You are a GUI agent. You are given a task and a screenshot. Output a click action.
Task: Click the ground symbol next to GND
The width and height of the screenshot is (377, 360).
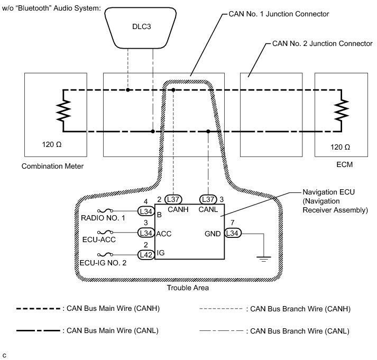[263, 257]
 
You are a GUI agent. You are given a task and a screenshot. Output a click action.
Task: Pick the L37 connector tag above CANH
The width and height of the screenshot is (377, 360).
[173, 199]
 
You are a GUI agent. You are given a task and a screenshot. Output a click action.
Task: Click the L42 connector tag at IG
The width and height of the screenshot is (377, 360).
[145, 254]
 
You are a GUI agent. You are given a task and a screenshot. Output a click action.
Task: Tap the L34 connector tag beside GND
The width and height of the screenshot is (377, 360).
[233, 233]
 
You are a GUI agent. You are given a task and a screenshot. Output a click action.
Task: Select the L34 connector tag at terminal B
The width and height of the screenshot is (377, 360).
[145, 211]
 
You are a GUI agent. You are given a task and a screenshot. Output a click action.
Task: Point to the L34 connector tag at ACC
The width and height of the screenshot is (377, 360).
[145, 233]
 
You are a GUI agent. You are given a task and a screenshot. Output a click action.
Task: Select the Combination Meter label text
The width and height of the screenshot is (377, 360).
[52, 167]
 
